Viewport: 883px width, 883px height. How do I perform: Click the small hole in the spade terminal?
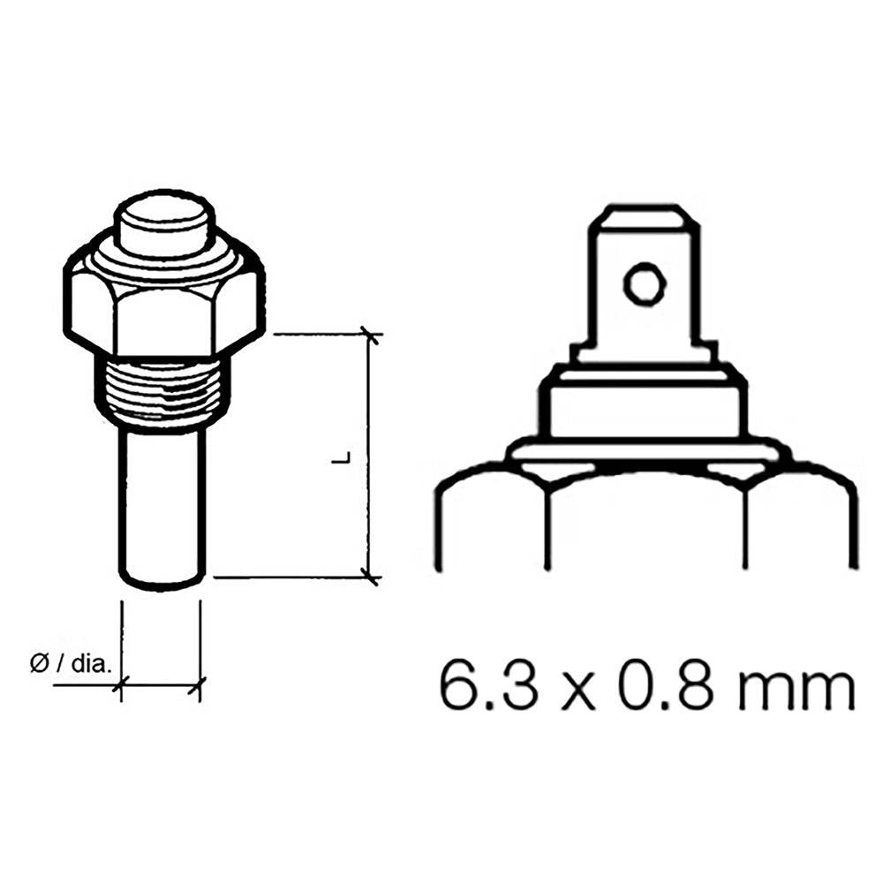tap(642, 283)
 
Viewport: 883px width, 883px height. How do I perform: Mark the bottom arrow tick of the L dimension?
tap(372, 577)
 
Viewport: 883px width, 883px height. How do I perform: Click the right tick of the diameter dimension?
tap(200, 683)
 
